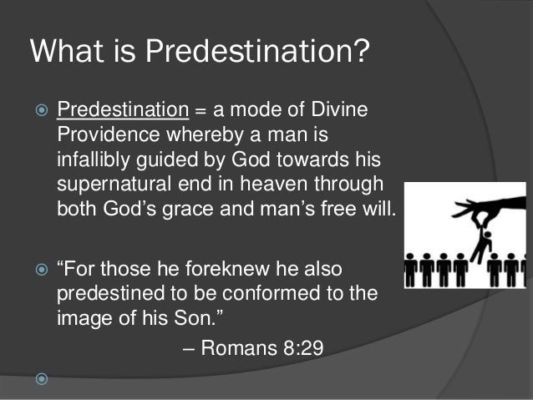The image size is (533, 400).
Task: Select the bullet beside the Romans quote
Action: [x=38, y=271]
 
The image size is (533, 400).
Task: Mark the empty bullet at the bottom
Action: [x=38, y=381]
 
